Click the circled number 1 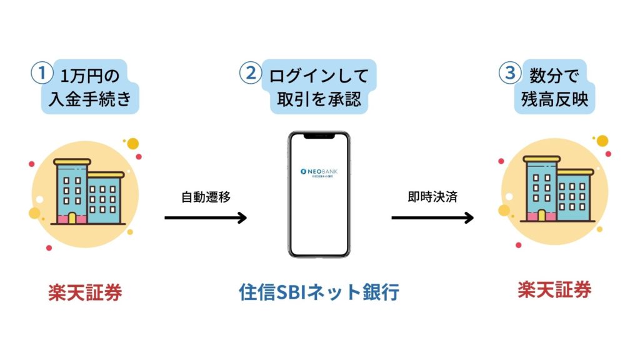(41, 74)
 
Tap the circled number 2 (251, 74)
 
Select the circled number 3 (510, 74)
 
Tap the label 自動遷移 (206, 197)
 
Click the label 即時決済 (432, 197)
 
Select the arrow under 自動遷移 (206, 217)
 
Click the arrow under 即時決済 (432, 217)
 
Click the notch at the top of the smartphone (319, 136)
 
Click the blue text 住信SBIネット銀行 (319, 292)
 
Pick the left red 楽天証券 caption (85, 292)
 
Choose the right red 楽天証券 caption (554, 289)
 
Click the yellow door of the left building (72, 218)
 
